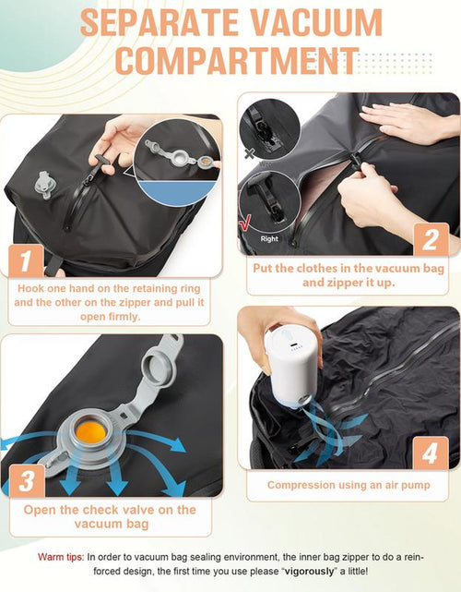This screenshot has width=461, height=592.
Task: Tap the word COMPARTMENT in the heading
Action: click(x=237, y=60)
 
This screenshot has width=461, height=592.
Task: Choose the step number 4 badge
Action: click(x=429, y=454)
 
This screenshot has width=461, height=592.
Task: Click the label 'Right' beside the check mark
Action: click(x=268, y=237)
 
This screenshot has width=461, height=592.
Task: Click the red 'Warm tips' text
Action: click(x=61, y=558)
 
